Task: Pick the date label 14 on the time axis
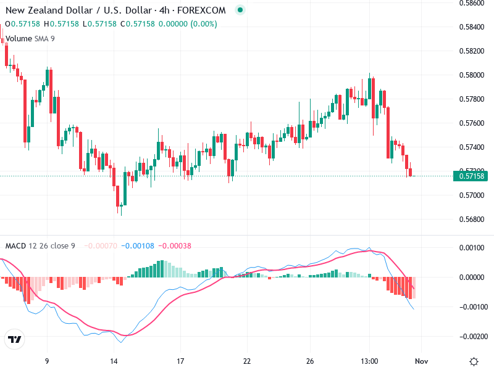(114, 360)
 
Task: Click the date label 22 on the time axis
(247, 360)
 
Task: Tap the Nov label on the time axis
(421, 360)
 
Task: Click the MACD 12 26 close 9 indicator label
(40, 245)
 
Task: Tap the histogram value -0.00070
(100, 245)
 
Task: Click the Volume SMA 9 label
(30, 38)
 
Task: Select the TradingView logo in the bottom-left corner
(14, 340)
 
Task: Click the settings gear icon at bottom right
(474, 361)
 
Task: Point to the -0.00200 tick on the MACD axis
(472, 337)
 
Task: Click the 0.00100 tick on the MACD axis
(472, 248)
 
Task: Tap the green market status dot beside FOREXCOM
(240, 10)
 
